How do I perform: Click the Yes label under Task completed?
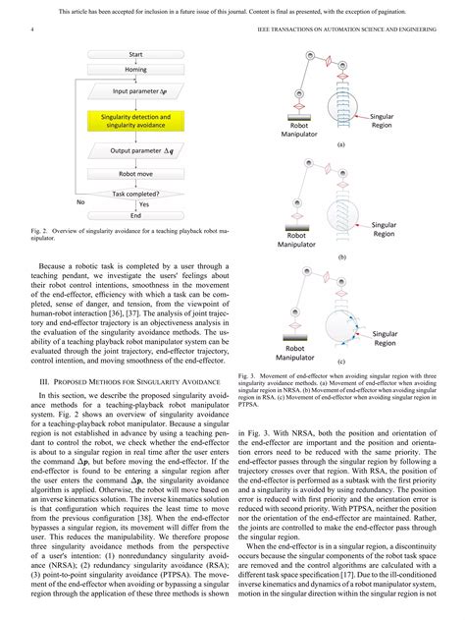click(x=143, y=204)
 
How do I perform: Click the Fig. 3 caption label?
click(x=246, y=375)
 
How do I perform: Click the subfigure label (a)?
click(x=340, y=143)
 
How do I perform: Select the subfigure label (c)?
click(x=340, y=362)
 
